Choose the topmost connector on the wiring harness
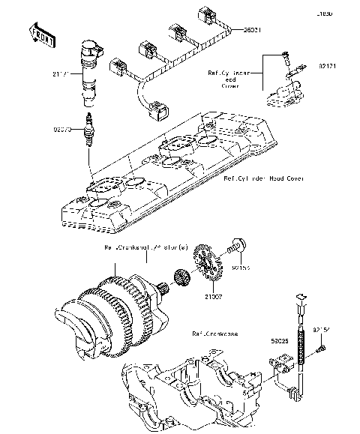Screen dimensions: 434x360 tap(202, 16)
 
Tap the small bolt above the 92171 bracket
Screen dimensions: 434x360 tap(286, 54)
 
